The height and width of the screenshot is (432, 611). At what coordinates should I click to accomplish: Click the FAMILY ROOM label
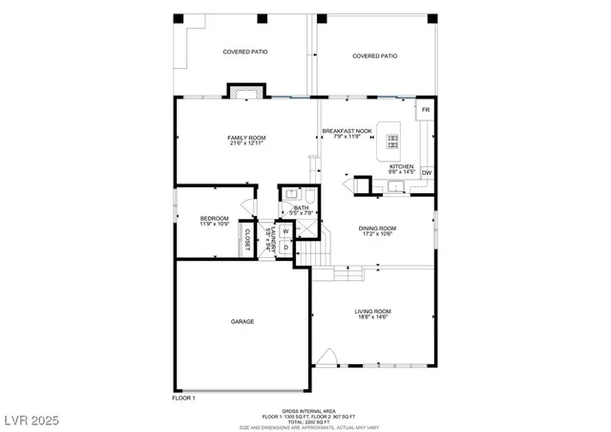pyautogui.click(x=245, y=139)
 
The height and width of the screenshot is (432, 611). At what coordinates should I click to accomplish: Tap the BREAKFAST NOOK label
pyautogui.click(x=345, y=131)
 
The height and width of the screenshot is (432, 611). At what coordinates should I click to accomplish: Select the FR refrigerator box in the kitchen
pyautogui.click(x=426, y=111)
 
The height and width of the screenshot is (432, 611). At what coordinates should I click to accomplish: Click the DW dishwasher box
pyautogui.click(x=427, y=173)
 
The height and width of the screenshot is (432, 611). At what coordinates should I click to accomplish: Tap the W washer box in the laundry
pyautogui.click(x=285, y=231)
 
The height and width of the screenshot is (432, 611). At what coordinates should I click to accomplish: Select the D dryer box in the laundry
pyautogui.click(x=285, y=248)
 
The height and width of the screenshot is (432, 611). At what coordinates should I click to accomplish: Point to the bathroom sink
pyautogui.click(x=289, y=197)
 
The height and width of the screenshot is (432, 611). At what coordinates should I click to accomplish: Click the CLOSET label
pyautogui.click(x=247, y=240)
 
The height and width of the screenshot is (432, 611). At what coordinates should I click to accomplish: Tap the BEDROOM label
pyautogui.click(x=214, y=219)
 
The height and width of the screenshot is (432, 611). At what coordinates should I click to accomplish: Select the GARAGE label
pyautogui.click(x=242, y=321)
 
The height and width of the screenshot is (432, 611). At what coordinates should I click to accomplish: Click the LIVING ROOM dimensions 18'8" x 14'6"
pyautogui.click(x=373, y=318)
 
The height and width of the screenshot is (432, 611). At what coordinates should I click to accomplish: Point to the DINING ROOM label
pyautogui.click(x=377, y=228)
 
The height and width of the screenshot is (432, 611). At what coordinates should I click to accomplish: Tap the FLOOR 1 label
pyautogui.click(x=183, y=397)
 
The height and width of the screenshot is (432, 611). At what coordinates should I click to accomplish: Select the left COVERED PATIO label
pyautogui.click(x=242, y=52)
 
